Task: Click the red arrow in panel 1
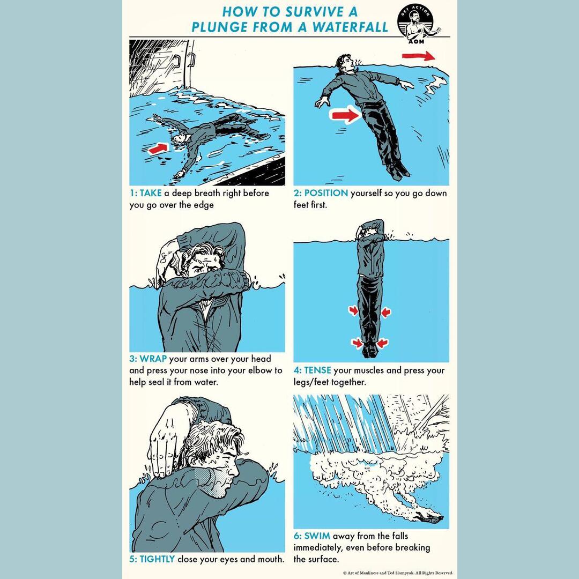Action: [158, 149]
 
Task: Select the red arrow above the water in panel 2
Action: [419, 56]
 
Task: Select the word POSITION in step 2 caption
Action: [326, 193]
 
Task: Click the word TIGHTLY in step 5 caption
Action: [157, 559]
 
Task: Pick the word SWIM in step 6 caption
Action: [317, 536]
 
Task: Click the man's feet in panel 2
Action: [399, 170]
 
